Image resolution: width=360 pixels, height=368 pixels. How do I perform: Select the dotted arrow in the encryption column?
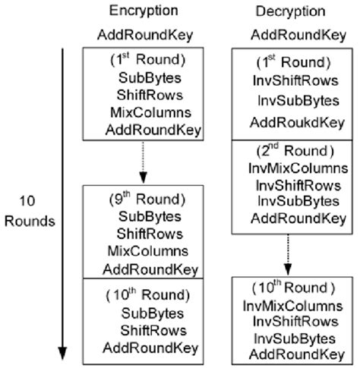pyautogui.click(x=144, y=164)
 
